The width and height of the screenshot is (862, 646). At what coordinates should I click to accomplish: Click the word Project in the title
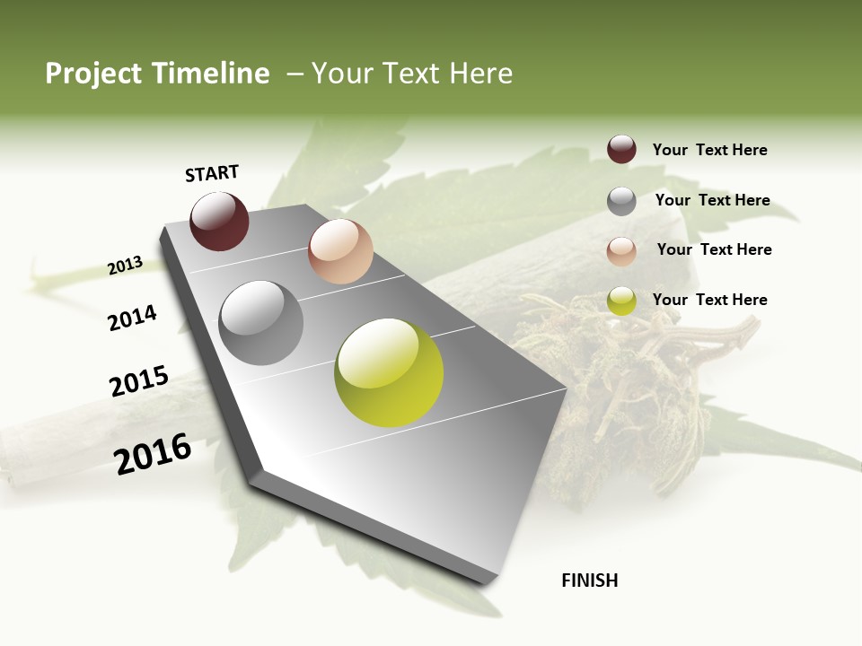[92, 74]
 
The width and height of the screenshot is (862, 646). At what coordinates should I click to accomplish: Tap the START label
[212, 173]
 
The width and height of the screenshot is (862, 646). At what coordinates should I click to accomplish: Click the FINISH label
[590, 581]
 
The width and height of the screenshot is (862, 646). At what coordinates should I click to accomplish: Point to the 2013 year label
[125, 266]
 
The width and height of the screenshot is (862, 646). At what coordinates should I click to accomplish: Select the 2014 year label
[132, 318]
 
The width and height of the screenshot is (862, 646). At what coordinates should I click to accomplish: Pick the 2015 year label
[139, 381]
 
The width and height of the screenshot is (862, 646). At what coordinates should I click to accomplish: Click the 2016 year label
[153, 454]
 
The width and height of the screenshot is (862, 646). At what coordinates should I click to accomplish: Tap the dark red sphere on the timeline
[219, 221]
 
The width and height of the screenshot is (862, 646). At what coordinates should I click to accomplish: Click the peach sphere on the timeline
[340, 251]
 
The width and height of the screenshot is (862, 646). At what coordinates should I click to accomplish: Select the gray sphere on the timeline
[261, 323]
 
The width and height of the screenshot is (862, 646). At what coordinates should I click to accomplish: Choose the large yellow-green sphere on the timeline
[389, 372]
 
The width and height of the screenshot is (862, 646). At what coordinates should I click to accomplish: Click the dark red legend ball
[621, 150]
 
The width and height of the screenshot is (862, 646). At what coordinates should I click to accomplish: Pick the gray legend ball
[621, 201]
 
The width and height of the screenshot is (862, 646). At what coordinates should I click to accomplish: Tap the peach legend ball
[621, 251]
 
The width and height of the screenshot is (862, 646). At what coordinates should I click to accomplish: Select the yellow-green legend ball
[621, 301]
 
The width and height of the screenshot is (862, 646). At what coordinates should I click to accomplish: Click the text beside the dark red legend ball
[709, 150]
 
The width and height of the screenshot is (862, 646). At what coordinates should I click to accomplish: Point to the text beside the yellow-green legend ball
[709, 300]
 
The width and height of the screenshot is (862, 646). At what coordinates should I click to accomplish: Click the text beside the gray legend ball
[712, 200]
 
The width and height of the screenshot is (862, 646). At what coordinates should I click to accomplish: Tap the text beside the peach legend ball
[714, 249]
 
